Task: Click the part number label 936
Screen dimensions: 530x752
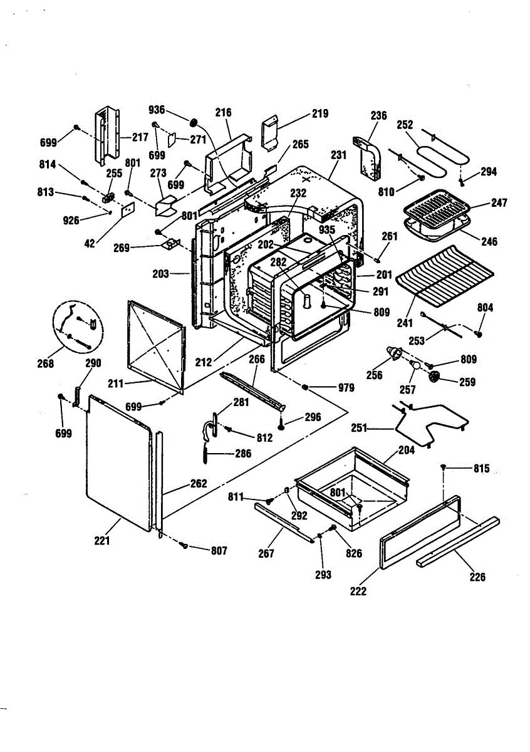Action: point(157,110)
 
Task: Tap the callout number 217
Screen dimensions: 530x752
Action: point(140,137)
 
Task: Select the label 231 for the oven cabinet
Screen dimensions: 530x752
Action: point(338,155)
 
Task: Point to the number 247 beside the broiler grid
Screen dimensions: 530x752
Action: point(499,203)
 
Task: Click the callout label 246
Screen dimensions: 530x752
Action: point(489,241)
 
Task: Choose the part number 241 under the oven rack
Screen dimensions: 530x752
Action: point(405,323)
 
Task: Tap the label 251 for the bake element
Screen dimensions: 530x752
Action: point(359,429)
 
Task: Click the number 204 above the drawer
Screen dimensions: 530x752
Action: point(407,450)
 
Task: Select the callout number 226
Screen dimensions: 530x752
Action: point(477,577)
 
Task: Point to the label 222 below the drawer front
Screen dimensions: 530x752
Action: point(358,591)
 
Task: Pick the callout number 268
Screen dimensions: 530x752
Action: point(45,363)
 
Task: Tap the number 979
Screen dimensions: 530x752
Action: point(346,388)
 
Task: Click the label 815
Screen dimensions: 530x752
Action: point(482,468)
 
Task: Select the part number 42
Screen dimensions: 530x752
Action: point(90,243)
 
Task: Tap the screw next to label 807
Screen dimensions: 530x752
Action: point(184,546)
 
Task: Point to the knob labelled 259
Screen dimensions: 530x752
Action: point(434,377)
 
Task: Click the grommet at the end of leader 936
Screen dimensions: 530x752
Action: point(194,123)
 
